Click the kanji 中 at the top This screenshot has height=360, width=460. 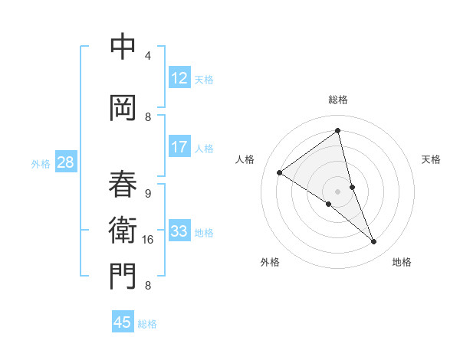coord(123,47)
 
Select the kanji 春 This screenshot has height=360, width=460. coord(123,183)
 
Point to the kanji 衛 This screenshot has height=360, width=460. coord(123,229)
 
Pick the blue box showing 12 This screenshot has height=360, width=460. coord(179,78)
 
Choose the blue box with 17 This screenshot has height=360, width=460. coord(179,147)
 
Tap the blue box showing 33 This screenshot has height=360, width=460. coord(179,231)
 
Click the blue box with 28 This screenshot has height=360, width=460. coord(65,162)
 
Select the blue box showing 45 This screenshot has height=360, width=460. coord(122,322)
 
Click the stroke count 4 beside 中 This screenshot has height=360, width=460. coord(147,56)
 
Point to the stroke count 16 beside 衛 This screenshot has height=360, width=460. coord(148,240)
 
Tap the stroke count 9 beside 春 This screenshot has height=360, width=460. coord(147,194)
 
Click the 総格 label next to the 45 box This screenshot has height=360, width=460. coord(147,324)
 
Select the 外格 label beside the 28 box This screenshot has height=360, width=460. coord(40,164)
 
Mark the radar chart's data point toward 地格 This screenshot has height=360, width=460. coord(374,242)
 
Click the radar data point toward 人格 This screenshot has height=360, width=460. coord(279,172)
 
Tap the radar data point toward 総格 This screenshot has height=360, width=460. coord(338,131)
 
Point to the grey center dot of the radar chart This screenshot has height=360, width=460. coord(337,191)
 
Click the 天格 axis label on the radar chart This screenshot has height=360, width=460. coord(431,159)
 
